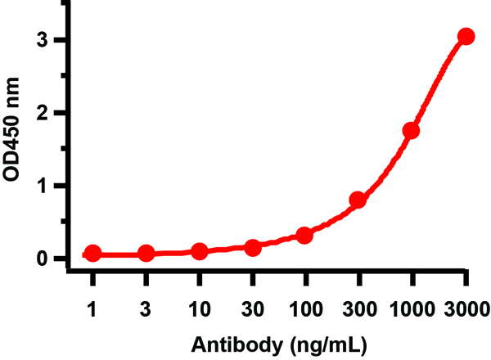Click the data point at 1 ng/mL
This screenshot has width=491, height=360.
click(x=93, y=254)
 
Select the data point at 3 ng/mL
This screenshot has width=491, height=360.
click(x=146, y=254)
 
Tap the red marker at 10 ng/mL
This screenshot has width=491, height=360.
click(x=199, y=251)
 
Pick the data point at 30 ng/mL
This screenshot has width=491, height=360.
click(x=253, y=247)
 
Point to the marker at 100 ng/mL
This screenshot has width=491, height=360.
click(x=304, y=236)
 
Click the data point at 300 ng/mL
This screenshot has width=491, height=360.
click(x=358, y=200)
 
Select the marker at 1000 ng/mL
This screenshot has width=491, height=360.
click(x=411, y=130)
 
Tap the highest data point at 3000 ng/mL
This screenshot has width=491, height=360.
click(x=466, y=36)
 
